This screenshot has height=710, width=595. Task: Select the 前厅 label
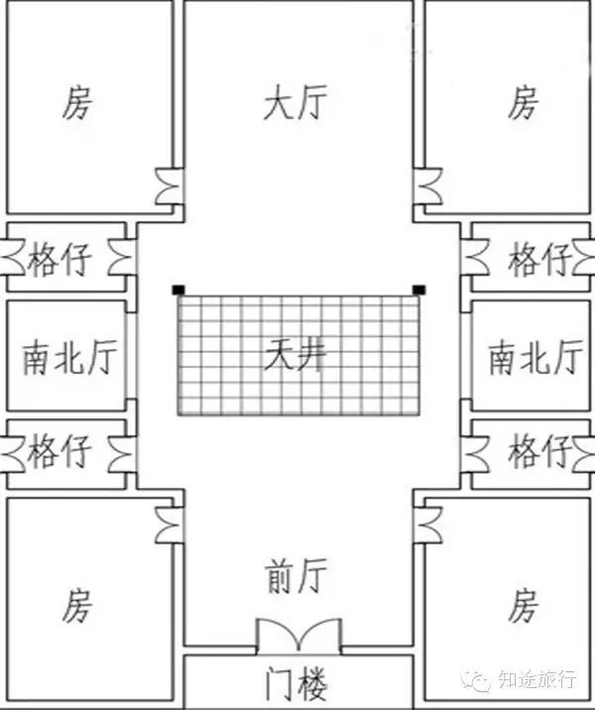click(296, 575)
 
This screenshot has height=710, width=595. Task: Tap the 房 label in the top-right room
click(523, 102)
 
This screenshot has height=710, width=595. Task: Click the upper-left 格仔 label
click(59, 261)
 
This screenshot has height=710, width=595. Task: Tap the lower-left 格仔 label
click(59, 452)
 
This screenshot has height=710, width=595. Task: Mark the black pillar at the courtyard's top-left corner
click(177, 290)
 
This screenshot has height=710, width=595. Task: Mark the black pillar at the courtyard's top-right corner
click(418, 290)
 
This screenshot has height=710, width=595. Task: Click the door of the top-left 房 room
click(168, 185)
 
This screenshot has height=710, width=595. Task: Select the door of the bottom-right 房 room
click(428, 520)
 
